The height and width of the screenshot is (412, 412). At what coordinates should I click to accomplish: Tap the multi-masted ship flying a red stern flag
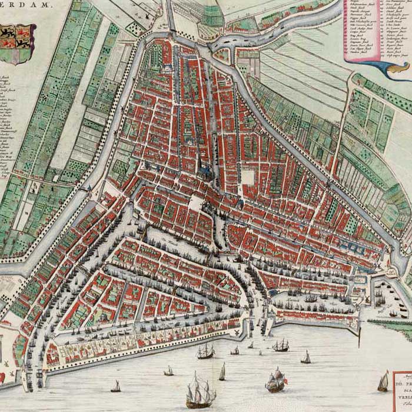(x=275, y=380)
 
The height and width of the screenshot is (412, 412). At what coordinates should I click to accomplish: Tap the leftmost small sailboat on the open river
(x=116, y=386)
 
